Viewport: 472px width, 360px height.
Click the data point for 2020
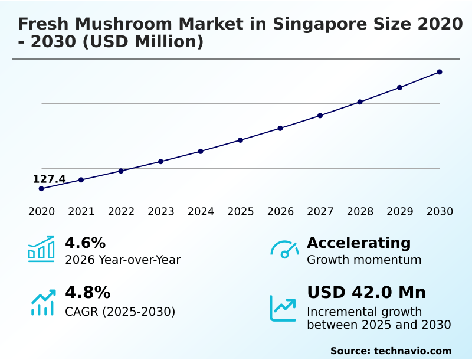point(41,188)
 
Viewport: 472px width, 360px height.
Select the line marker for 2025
point(240,140)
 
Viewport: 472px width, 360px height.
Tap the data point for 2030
point(440,72)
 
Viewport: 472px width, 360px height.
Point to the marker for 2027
point(320,116)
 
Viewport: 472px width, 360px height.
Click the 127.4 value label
point(49,179)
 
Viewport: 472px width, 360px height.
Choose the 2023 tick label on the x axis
point(160,212)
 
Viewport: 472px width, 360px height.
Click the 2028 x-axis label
point(360,212)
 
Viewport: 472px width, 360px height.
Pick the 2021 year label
point(81,212)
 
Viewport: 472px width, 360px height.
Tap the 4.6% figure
point(85,243)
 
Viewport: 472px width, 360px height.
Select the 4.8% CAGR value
point(87,293)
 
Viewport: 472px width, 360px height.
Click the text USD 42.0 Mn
point(366,293)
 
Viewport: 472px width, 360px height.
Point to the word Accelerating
point(359,243)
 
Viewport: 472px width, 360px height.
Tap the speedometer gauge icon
point(284,249)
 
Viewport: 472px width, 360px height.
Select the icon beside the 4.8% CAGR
point(42,302)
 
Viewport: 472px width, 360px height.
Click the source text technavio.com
point(412,351)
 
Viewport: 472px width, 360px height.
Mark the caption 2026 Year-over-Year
point(123,260)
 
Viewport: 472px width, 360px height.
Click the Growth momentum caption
point(364,260)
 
